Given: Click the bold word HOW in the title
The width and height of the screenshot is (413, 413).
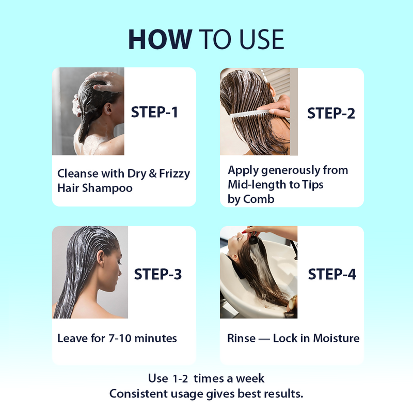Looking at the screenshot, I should coord(160,39).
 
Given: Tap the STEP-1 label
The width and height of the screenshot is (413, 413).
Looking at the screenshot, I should coord(154,112).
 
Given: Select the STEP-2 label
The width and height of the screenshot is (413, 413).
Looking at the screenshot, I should coord(331,113).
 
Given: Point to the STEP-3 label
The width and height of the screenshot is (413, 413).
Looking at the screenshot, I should coord(158,274).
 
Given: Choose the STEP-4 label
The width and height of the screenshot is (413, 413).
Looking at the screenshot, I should coord(332,274).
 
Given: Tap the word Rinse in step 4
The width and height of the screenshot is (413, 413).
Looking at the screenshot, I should coord(241,339).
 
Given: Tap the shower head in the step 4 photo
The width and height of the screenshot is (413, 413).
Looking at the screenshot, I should coord(253,239).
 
